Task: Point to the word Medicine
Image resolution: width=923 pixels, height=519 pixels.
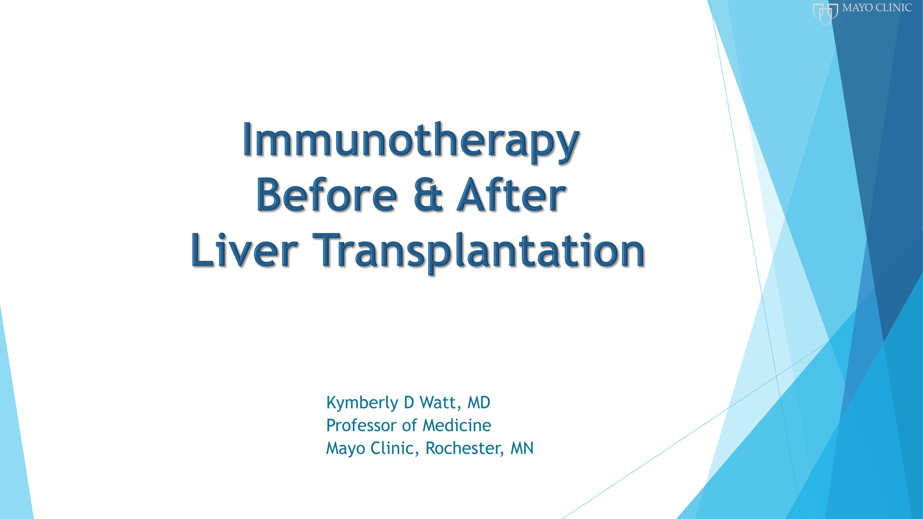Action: tap(457, 425)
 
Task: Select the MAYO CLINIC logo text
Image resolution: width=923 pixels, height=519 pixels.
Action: tap(877, 8)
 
